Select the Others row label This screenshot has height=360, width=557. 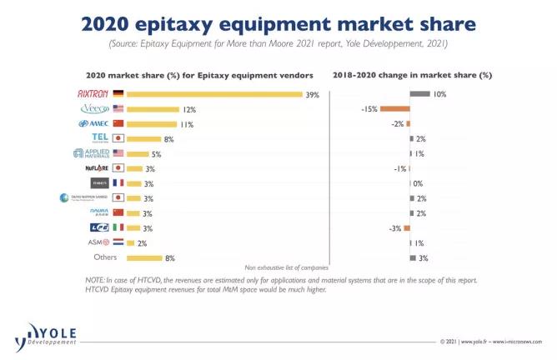tap(106, 257)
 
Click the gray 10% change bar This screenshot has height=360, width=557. tap(420, 94)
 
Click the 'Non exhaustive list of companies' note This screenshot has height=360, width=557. tap(287, 267)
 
